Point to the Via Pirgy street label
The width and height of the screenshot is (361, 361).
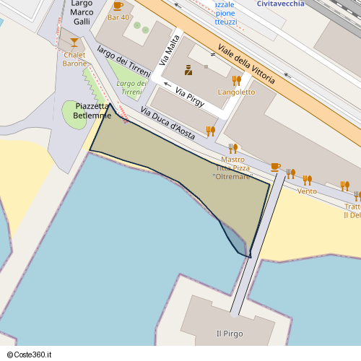pyautogui.click(x=189, y=97)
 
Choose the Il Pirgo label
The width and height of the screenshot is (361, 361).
pyautogui.click(x=230, y=334)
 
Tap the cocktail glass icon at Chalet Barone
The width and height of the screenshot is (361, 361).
pyautogui.click(x=74, y=43)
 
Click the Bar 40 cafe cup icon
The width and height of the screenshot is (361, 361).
pyautogui.click(x=118, y=6)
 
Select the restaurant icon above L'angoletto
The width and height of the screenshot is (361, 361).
pyautogui.click(x=236, y=80)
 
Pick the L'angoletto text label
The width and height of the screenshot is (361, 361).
pyautogui.click(x=236, y=92)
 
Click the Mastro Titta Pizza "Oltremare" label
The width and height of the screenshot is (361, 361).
pyautogui.click(x=232, y=168)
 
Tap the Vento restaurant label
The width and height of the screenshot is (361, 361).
pyautogui.click(x=307, y=191)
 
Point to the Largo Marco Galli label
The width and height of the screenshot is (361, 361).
pyautogui.click(x=82, y=13)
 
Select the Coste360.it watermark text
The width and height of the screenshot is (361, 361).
pyautogui.click(x=29, y=355)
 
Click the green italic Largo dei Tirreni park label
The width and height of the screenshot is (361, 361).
pyautogui.click(x=131, y=87)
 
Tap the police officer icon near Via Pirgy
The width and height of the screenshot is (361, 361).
pyautogui.click(x=188, y=70)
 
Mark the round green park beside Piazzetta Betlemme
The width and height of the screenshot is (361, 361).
pyautogui.click(x=74, y=116)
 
